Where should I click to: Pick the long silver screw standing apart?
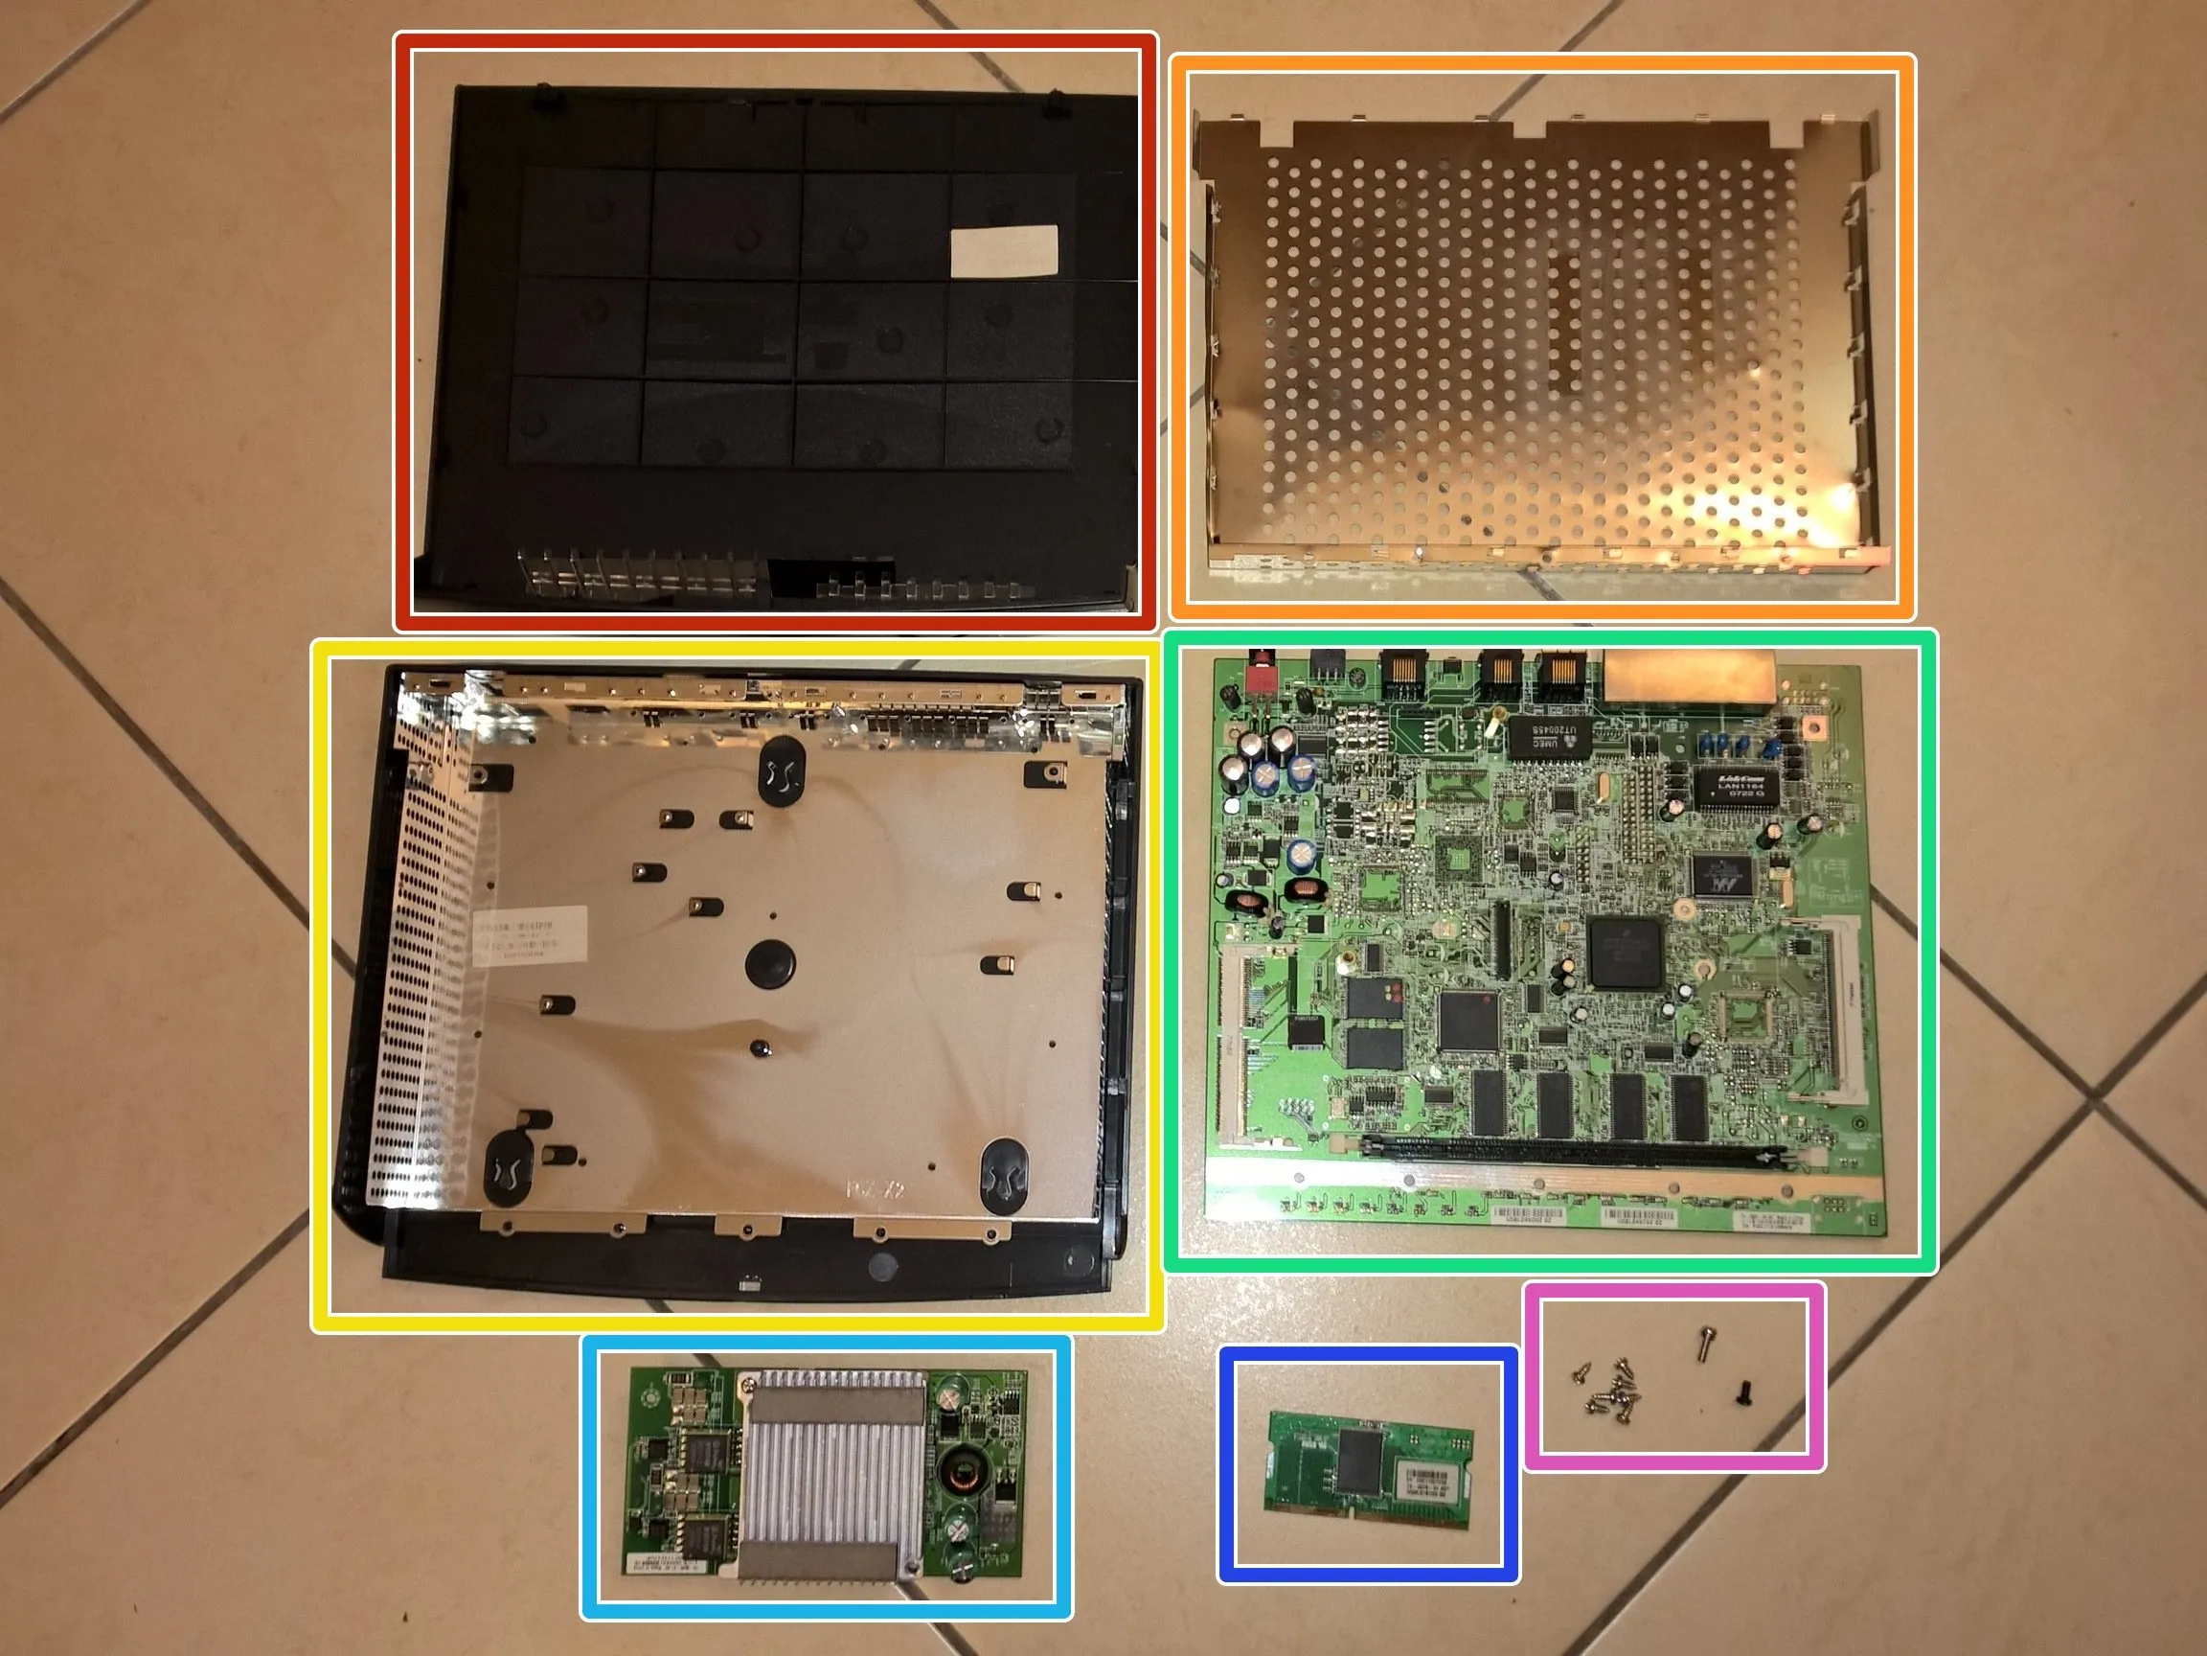point(1703,1343)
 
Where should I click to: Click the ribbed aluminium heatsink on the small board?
point(832,1466)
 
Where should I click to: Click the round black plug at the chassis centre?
point(770,962)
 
